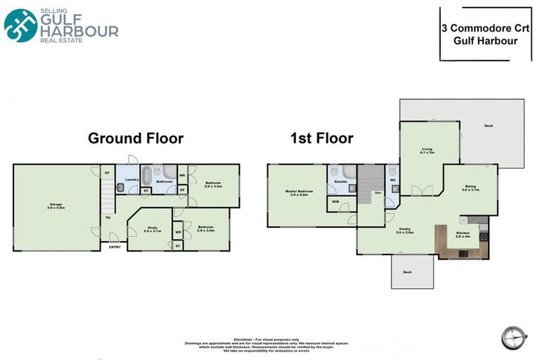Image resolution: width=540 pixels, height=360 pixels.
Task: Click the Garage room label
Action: (56, 205)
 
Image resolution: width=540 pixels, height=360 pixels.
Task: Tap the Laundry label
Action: (131, 180)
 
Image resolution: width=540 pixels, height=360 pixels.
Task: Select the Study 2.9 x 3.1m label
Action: (153, 229)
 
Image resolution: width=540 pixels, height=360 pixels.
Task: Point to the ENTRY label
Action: (114, 246)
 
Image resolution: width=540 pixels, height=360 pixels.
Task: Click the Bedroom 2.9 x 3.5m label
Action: (213, 184)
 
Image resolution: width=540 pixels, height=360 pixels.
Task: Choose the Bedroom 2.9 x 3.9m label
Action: (205, 229)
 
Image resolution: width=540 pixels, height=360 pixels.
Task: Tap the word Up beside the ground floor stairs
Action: (108, 217)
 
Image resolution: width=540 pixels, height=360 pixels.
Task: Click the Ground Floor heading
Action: (135, 138)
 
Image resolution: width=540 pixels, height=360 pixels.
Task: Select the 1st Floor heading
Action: (321, 138)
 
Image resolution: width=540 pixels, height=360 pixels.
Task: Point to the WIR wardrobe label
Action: (335, 202)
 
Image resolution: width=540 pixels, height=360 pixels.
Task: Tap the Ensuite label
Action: (340, 181)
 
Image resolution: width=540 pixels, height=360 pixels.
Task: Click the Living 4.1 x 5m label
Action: (427, 150)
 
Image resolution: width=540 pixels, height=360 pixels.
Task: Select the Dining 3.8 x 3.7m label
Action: (470, 188)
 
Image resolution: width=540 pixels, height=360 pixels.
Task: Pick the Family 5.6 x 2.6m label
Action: (405, 231)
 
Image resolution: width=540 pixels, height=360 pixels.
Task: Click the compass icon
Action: (514, 337)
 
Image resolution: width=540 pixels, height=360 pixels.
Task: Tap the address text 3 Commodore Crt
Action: (484, 30)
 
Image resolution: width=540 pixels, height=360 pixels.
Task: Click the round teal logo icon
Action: (20, 26)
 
